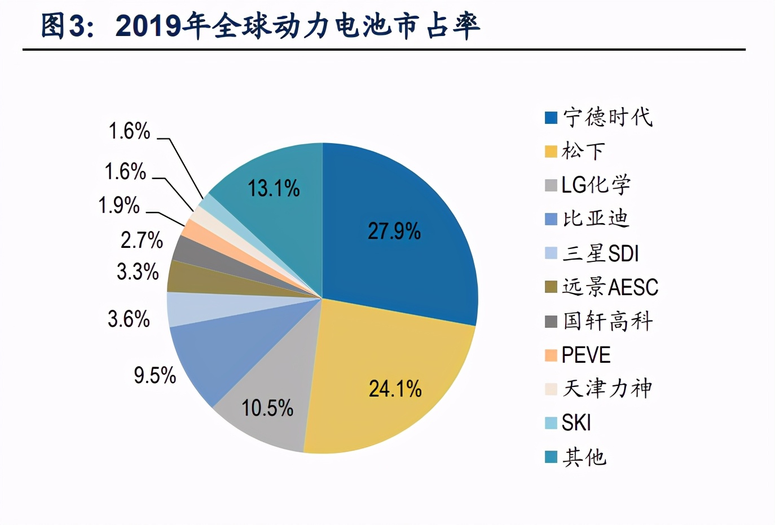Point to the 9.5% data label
tap(155, 375)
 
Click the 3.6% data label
tap(129, 319)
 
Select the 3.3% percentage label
tap(138, 272)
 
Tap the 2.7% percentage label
tap(142, 240)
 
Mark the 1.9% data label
tap(119, 205)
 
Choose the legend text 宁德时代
tap(607, 117)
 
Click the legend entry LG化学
tap(596, 185)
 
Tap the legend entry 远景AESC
tap(610, 287)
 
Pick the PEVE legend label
tap(586, 355)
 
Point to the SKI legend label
tap(576, 422)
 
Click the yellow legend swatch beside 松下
tap(551, 152)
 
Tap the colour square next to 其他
tap(551, 457)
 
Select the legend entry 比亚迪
tap(596, 219)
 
